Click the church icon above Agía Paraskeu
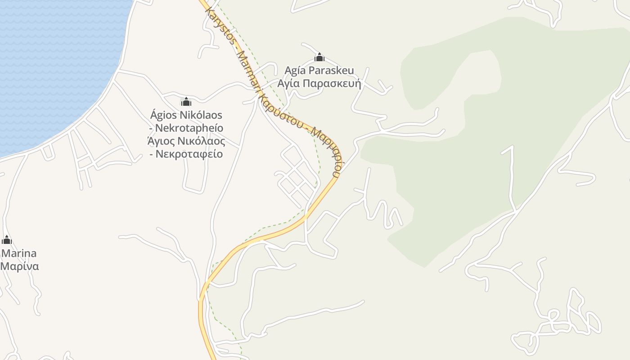[x=319, y=57]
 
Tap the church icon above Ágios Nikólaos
[x=186, y=102]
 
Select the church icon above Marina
[x=6, y=240]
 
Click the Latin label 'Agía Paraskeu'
[x=319, y=71]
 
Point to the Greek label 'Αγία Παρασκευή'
[x=319, y=84]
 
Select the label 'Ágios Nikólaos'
[x=186, y=115]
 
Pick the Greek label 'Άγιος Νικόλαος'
[x=186, y=141]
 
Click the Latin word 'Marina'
[x=18, y=253]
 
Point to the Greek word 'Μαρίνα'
[x=19, y=266]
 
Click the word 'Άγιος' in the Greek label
[x=162, y=141]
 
